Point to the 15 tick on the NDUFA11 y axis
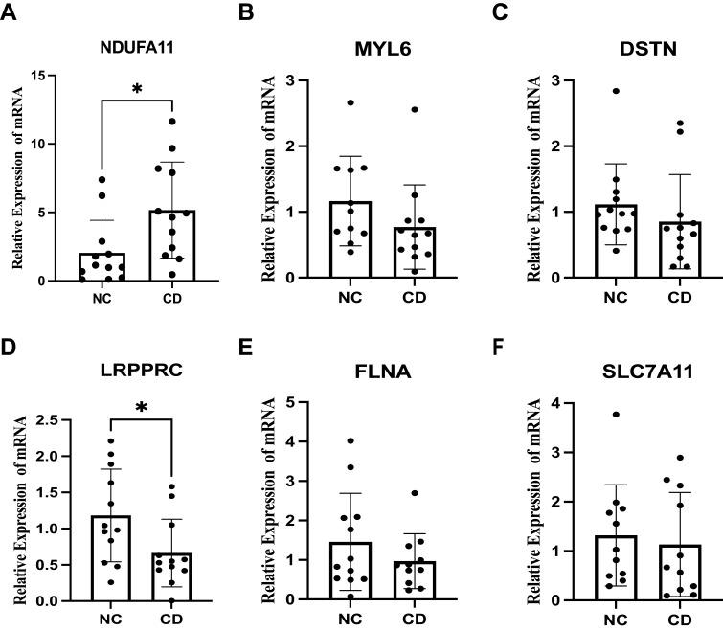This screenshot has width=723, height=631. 48,76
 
